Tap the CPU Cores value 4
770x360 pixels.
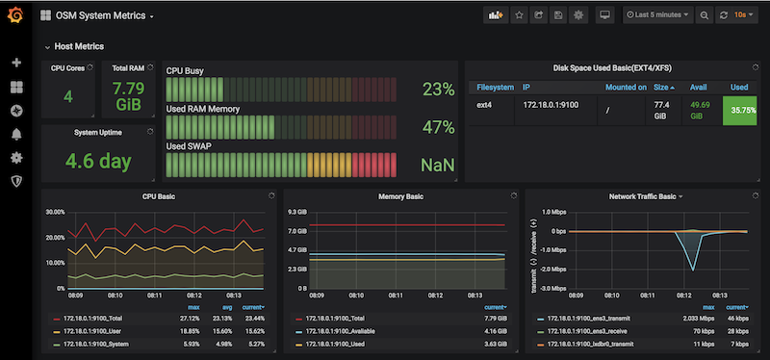coord(67,96)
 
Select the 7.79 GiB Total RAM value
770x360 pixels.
coord(128,97)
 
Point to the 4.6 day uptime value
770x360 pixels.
coord(97,160)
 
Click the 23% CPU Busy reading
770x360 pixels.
coord(438,90)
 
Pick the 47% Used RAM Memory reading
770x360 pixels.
coord(438,127)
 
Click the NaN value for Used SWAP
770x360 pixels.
coord(437,165)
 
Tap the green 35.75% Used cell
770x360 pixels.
coord(742,110)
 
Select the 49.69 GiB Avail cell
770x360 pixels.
coord(700,109)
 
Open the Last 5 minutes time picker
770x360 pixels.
coord(658,15)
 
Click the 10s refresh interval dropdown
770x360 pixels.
coord(744,15)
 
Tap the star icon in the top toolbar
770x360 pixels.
coord(519,15)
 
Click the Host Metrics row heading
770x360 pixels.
coord(79,46)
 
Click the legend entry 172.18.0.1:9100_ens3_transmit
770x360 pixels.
coord(607,317)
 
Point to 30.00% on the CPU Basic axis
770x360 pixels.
coord(54,212)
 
